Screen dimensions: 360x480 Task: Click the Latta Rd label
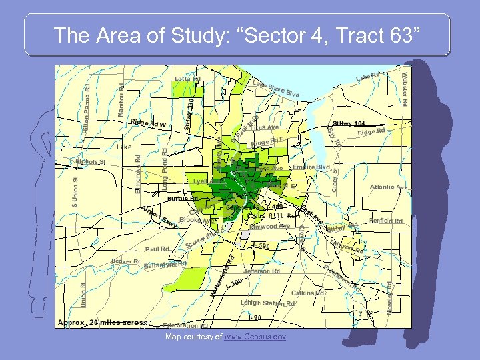coord(187,79)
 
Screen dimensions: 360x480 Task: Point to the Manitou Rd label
coord(121,101)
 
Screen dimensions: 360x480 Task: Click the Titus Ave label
coord(267,127)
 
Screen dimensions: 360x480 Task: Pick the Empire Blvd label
coord(312,167)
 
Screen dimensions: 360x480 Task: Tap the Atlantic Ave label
coord(389,187)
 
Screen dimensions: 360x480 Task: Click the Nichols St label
coord(91,161)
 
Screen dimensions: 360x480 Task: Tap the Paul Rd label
coord(157,249)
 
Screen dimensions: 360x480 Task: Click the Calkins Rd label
coord(307,293)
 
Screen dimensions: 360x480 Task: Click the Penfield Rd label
coord(386,221)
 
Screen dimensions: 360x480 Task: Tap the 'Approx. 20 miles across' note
coord(103,323)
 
